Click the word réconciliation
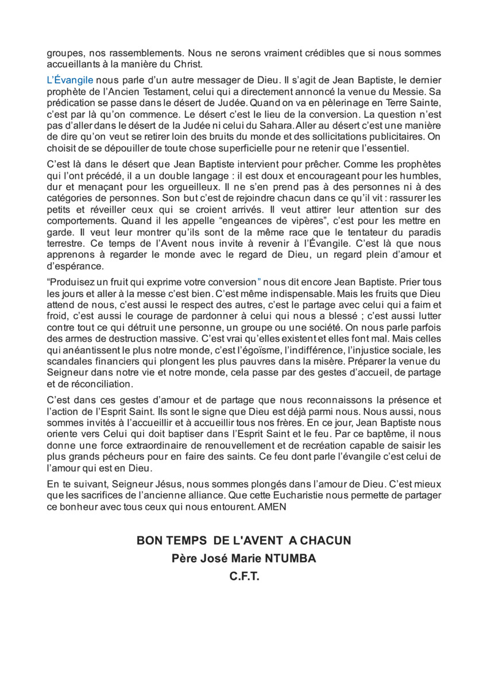(91, 384)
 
